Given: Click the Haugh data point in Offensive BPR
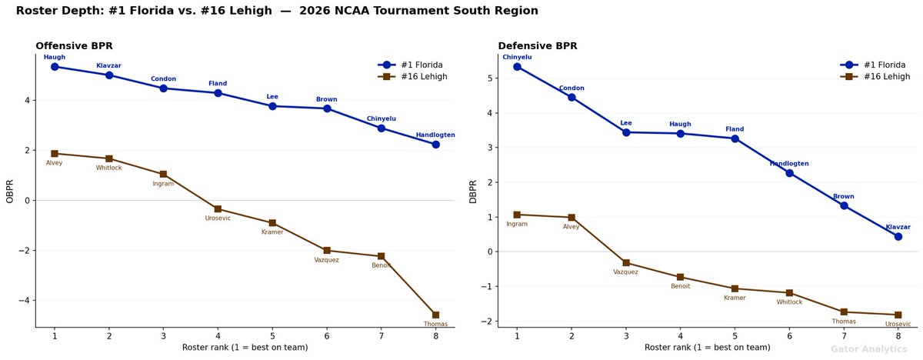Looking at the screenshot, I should coord(55,67).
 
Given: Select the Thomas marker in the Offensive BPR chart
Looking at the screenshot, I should coord(436,315).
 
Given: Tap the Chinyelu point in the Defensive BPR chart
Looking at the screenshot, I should coord(517,67).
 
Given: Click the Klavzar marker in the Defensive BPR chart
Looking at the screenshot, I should coord(898,236).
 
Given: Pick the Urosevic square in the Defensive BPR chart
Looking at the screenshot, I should coord(898,315).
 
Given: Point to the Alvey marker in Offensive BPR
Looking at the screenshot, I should coord(55,153).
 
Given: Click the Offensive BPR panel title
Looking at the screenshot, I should coord(74,46).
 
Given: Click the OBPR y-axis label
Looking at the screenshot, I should coord(11,191).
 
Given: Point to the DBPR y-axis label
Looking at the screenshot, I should coord(473,191).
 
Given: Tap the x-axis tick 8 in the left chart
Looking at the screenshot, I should coord(436,336).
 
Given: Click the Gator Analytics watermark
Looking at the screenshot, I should coord(868,348).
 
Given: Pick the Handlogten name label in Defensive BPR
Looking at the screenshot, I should coord(789,164).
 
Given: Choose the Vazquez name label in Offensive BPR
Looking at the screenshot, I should coord(327,260).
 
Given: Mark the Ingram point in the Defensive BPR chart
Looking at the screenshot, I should coord(517,215).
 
